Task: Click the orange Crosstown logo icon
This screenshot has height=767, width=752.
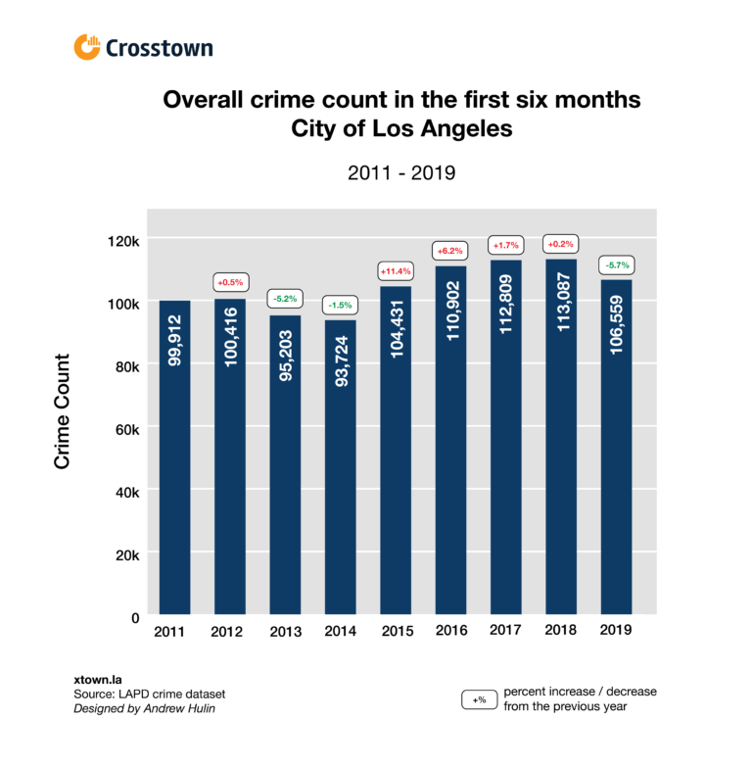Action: [x=87, y=47]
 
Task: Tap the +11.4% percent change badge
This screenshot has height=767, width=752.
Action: [x=396, y=270]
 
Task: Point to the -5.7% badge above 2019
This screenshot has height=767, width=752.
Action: [x=616, y=264]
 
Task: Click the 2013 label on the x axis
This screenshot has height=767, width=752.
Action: [x=285, y=632]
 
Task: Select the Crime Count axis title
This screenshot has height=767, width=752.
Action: [x=63, y=411]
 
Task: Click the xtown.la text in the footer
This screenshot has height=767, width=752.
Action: [x=94, y=677]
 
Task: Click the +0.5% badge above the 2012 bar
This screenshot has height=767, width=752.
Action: [x=230, y=283]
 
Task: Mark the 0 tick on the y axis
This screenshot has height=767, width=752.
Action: [x=136, y=617]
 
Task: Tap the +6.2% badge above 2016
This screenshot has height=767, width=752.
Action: [x=450, y=252]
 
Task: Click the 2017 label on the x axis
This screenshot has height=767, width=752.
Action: [x=506, y=632]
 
